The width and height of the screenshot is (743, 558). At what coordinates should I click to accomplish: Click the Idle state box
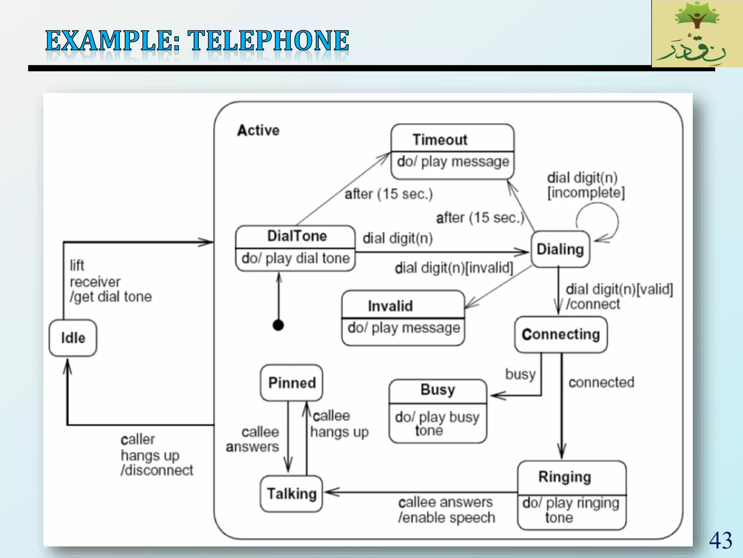point(73,338)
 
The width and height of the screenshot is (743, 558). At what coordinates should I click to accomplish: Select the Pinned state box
point(291,383)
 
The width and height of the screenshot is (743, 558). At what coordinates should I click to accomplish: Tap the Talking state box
point(291,494)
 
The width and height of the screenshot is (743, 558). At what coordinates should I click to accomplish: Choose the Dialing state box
point(561,249)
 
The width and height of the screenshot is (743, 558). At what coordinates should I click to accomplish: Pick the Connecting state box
point(561,335)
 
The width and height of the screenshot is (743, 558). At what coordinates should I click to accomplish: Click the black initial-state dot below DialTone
point(278,325)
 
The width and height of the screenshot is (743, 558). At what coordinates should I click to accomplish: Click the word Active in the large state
point(258,130)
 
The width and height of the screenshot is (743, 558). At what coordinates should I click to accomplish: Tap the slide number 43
point(721,540)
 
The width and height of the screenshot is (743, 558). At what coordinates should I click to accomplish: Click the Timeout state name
point(440,140)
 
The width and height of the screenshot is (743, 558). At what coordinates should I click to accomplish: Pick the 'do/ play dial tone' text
point(296,258)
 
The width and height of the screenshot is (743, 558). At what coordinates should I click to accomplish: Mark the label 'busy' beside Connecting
point(521,374)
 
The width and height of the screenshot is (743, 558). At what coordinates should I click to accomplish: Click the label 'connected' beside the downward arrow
point(601,382)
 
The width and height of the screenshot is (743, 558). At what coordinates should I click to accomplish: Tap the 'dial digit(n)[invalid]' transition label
point(454,268)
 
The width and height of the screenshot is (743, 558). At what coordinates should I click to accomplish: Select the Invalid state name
point(390,306)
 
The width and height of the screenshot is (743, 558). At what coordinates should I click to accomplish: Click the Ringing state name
point(565,477)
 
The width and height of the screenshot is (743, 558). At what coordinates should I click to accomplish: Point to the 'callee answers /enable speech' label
point(446,510)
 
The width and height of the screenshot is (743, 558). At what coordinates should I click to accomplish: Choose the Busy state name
point(438,390)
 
